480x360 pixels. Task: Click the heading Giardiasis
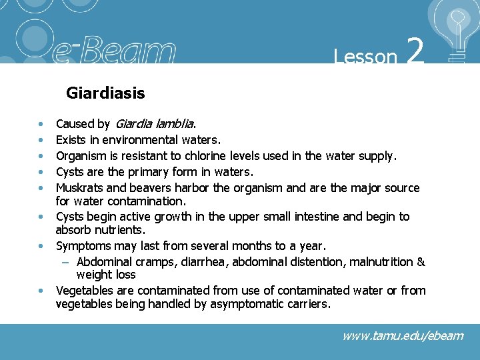[x=105, y=93]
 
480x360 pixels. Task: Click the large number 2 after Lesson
[x=415, y=51]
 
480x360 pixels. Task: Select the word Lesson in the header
[x=365, y=57]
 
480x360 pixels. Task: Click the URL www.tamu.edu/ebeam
[x=403, y=335]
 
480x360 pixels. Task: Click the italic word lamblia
[x=173, y=123]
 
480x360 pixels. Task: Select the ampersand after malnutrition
[x=421, y=262]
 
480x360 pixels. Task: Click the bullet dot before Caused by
[x=41, y=125]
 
